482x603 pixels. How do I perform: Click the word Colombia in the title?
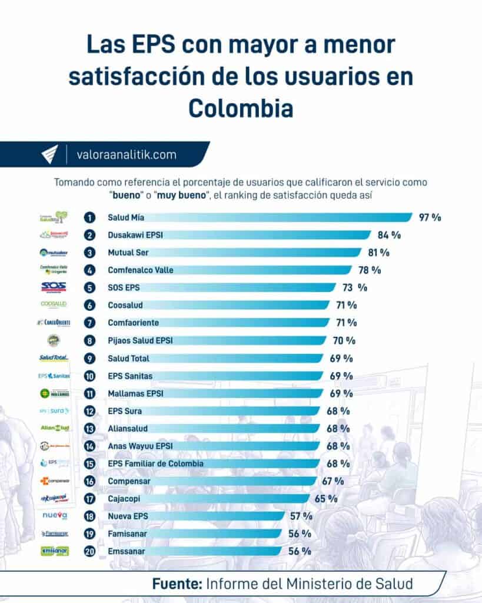click(241, 108)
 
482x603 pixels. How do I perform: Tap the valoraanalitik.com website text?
click(127, 155)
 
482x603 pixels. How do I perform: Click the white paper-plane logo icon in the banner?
click(49, 155)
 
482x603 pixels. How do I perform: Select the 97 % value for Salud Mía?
click(430, 217)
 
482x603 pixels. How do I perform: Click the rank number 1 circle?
click(89, 217)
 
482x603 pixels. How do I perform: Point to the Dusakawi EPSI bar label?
click(135, 235)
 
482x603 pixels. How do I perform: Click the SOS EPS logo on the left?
click(54, 287)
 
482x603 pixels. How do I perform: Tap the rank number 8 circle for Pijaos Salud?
click(89, 340)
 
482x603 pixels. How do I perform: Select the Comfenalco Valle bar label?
click(140, 270)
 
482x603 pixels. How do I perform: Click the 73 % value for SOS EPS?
click(354, 288)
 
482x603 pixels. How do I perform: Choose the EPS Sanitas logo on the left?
click(54, 376)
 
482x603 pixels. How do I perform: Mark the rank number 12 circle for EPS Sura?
click(89, 410)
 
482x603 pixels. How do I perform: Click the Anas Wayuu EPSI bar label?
click(139, 446)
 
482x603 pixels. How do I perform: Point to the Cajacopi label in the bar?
click(124, 499)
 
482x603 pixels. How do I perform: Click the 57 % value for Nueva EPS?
click(301, 516)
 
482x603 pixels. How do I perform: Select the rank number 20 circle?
click(89, 551)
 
